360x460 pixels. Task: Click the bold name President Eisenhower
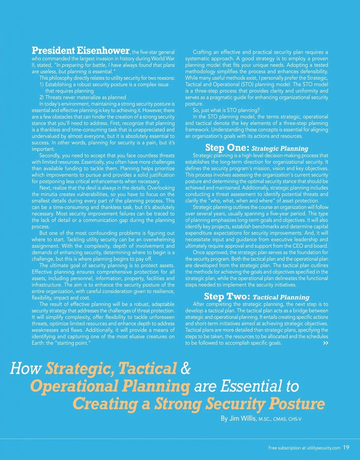[80, 50]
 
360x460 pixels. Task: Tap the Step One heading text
[227, 148]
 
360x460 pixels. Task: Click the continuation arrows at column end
[325, 343]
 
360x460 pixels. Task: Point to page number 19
[346, 447]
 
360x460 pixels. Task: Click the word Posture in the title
[297, 403]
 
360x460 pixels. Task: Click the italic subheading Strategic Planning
[280, 148]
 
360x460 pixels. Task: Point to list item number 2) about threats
[82, 97]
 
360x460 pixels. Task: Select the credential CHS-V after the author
[295, 419]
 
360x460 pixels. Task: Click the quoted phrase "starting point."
[72, 343]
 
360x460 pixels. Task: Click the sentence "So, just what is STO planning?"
[226, 110]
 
